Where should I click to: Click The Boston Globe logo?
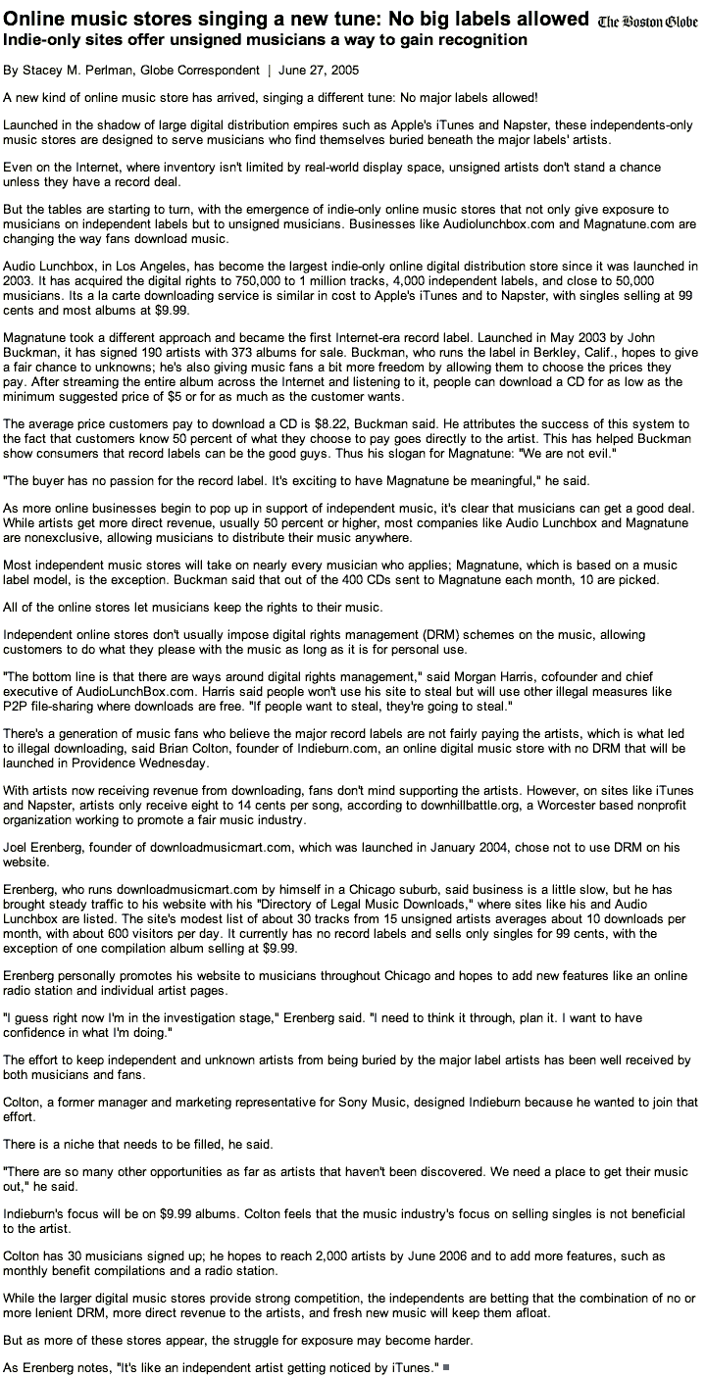[x=648, y=22]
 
